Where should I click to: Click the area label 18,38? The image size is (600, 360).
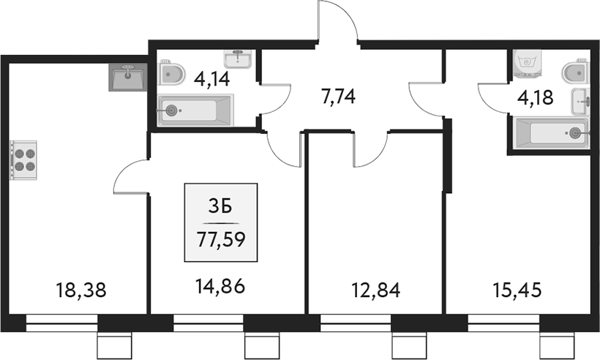[x=81, y=291]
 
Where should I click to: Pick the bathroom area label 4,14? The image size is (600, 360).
[x=212, y=78]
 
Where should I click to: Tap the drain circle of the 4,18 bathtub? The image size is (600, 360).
[x=576, y=133]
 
